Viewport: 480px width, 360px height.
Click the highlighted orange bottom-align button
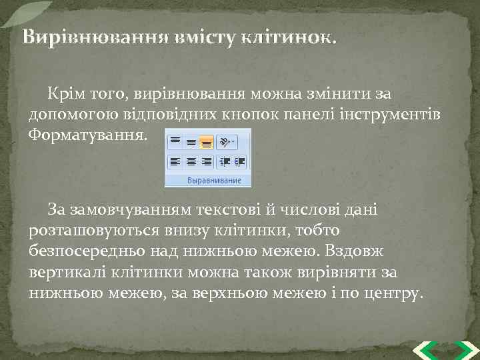(x=206, y=142)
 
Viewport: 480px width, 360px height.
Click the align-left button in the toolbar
(x=175, y=161)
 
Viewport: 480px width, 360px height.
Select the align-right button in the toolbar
(x=207, y=161)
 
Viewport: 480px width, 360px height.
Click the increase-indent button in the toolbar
(x=240, y=161)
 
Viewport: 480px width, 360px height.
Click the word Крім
(x=63, y=98)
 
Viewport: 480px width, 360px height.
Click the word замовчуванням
(x=127, y=211)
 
